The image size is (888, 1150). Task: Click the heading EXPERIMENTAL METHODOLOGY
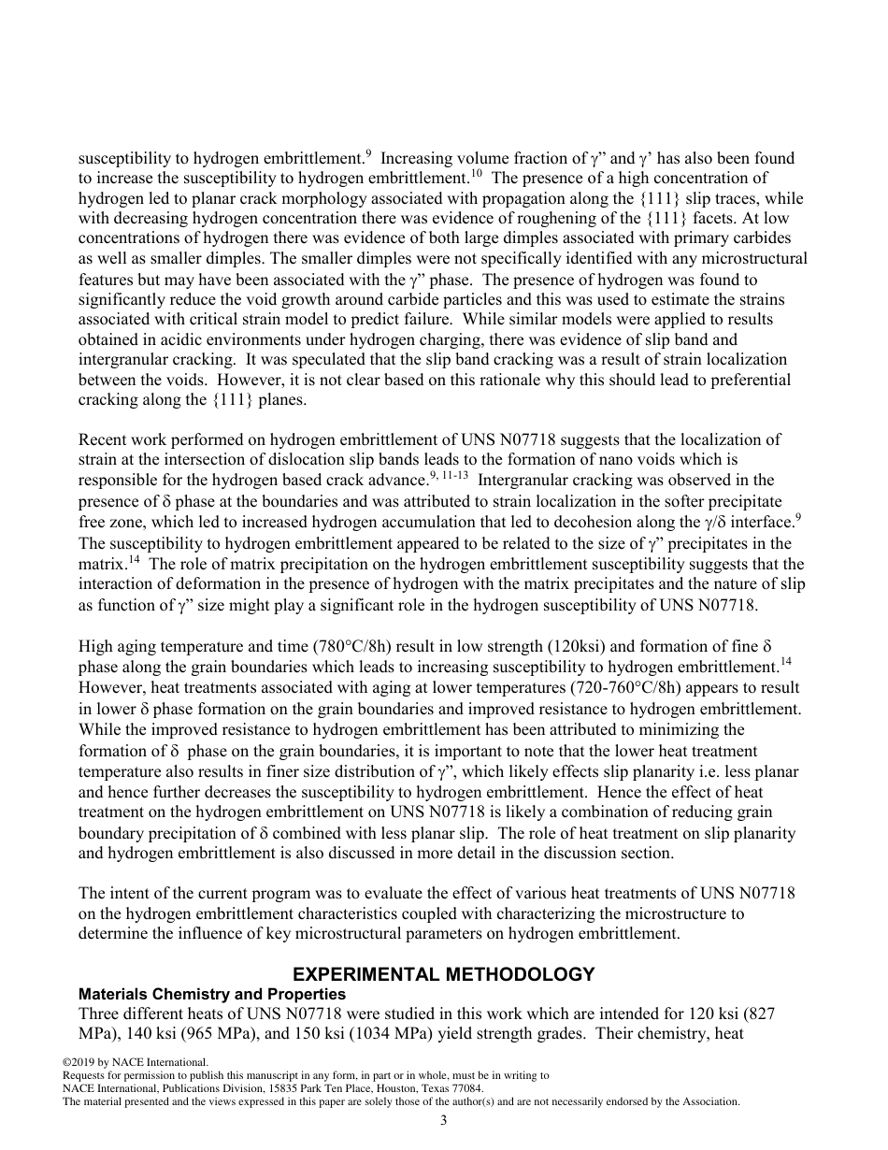[444, 974]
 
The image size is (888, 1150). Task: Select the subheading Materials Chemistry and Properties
[211, 994]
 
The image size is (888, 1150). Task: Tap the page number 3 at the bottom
[444, 1121]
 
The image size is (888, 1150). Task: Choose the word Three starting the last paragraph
[100, 1014]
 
